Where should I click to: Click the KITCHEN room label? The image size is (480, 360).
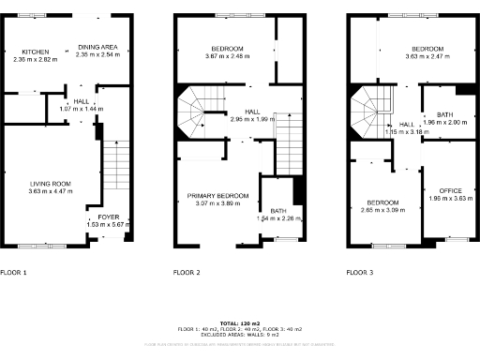[36, 52]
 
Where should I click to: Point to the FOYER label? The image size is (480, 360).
[96, 217]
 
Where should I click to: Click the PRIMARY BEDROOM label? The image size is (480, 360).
[217, 195]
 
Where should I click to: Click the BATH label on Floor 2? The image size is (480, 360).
[277, 212]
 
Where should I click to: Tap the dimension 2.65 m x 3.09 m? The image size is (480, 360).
[382, 210]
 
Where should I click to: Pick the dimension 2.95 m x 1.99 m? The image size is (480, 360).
[251, 119]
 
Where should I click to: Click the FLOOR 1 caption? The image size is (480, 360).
[14, 272]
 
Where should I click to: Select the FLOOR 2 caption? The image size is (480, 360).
[187, 272]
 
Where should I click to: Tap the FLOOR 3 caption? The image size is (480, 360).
[360, 272]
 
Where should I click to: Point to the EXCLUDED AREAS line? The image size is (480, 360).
[240, 335]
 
